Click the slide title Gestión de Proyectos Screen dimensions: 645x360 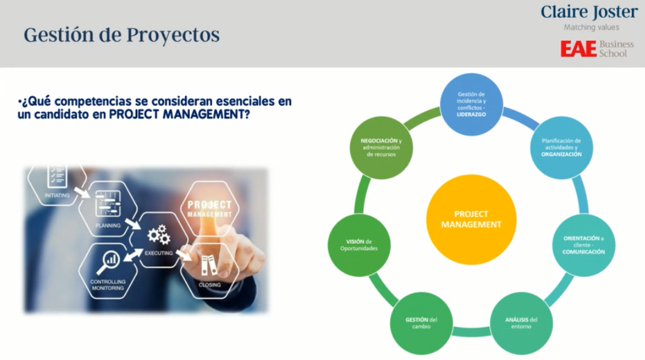pyautogui.click(x=121, y=35)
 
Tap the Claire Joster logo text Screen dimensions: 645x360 pyautogui.click(x=589, y=12)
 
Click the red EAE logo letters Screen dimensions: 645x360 pyautogui.click(x=578, y=49)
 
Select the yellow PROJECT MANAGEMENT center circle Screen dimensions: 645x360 pyautogui.click(x=471, y=219)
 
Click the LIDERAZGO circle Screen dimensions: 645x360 pyautogui.click(x=471, y=105)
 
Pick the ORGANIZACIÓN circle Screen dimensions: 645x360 pyautogui.click(x=561, y=148)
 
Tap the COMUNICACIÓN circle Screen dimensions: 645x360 pyautogui.click(x=584, y=245)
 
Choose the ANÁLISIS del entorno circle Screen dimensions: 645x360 pyautogui.click(x=521, y=323)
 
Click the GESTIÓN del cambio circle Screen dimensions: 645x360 pyautogui.click(x=421, y=323)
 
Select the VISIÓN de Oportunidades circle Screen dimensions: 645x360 pyautogui.click(x=359, y=245)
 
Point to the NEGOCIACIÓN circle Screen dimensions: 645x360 pyautogui.click(x=381, y=148)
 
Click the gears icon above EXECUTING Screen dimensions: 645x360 pyautogui.click(x=159, y=235)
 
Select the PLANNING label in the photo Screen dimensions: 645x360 pyautogui.click(x=108, y=225)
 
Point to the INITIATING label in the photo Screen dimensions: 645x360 pyautogui.click(x=57, y=195)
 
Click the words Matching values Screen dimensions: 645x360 pyautogui.click(x=591, y=28)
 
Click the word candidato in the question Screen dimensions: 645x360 pyautogui.click(x=61, y=114)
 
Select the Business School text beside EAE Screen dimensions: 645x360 pyautogui.click(x=616, y=49)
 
